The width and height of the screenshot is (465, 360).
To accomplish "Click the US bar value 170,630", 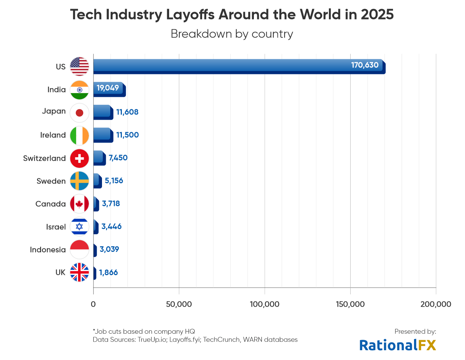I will pyautogui.click(x=364, y=65).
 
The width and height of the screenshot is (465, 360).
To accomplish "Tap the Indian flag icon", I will pyautogui.click(x=79, y=90).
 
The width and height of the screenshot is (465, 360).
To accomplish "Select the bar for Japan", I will pyautogui.click(x=102, y=112).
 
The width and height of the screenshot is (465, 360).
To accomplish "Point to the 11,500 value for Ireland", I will pyautogui.click(x=127, y=135).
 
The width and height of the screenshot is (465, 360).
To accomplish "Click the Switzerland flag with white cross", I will pyautogui.click(x=79, y=158).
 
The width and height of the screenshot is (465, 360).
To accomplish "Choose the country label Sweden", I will pyautogui.click(x=51, y=181).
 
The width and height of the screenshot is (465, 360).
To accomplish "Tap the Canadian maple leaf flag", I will pyautogui.click(x=79, y=204).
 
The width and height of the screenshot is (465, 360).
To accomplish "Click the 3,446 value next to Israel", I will pyautogui.click(x=111, y=226).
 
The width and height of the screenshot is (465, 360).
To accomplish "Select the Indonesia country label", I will pyautogui.click(x=48, y=250).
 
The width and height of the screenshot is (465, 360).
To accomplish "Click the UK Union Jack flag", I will pyautogui.click(x=79, y=273).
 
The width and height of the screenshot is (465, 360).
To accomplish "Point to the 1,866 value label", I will pyautogui.click(x=108, y=273).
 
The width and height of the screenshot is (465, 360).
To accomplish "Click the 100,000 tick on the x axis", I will pyautogui.click(x=264, y=304).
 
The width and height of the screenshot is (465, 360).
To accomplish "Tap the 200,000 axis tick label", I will pyautogui.click(x=436, y=304).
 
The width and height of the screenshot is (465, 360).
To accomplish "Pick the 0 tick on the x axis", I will pyautogui.click(x=93, y=304).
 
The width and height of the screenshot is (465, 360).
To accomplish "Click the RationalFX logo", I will pyautogui.click(x=397, y=345).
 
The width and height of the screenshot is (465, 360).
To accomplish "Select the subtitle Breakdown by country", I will pyautogui.click(x=232, y=34).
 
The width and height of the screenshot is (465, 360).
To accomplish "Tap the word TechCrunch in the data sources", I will pyautogui.click(x=221, y=340).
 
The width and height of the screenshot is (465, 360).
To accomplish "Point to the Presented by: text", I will pyautogui.click(x=415, y=331).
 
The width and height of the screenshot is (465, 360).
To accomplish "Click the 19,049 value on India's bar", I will pyautogui.click(x=108, y=88).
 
